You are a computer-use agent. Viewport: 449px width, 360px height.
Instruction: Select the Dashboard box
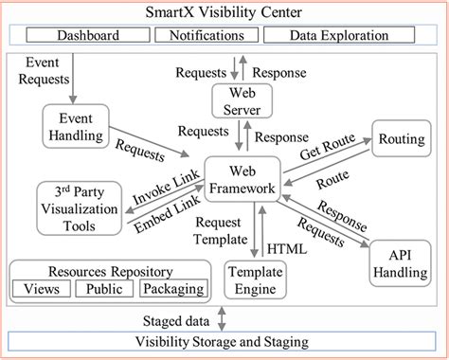click(x=88, y=36)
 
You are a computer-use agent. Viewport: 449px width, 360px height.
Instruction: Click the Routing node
click(x=401, y=138)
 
